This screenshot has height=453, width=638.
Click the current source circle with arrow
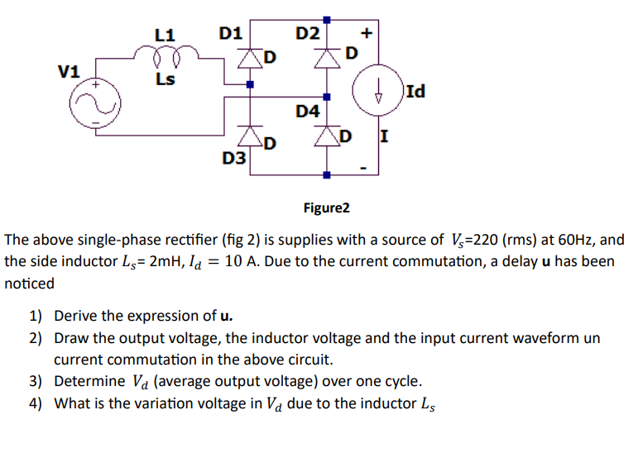pyautogui.click(x=377, y=89)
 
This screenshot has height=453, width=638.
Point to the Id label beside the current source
pyautogui.click(x=415, y=91)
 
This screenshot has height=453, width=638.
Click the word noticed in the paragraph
pyautogui.click(x=30, y=284)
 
